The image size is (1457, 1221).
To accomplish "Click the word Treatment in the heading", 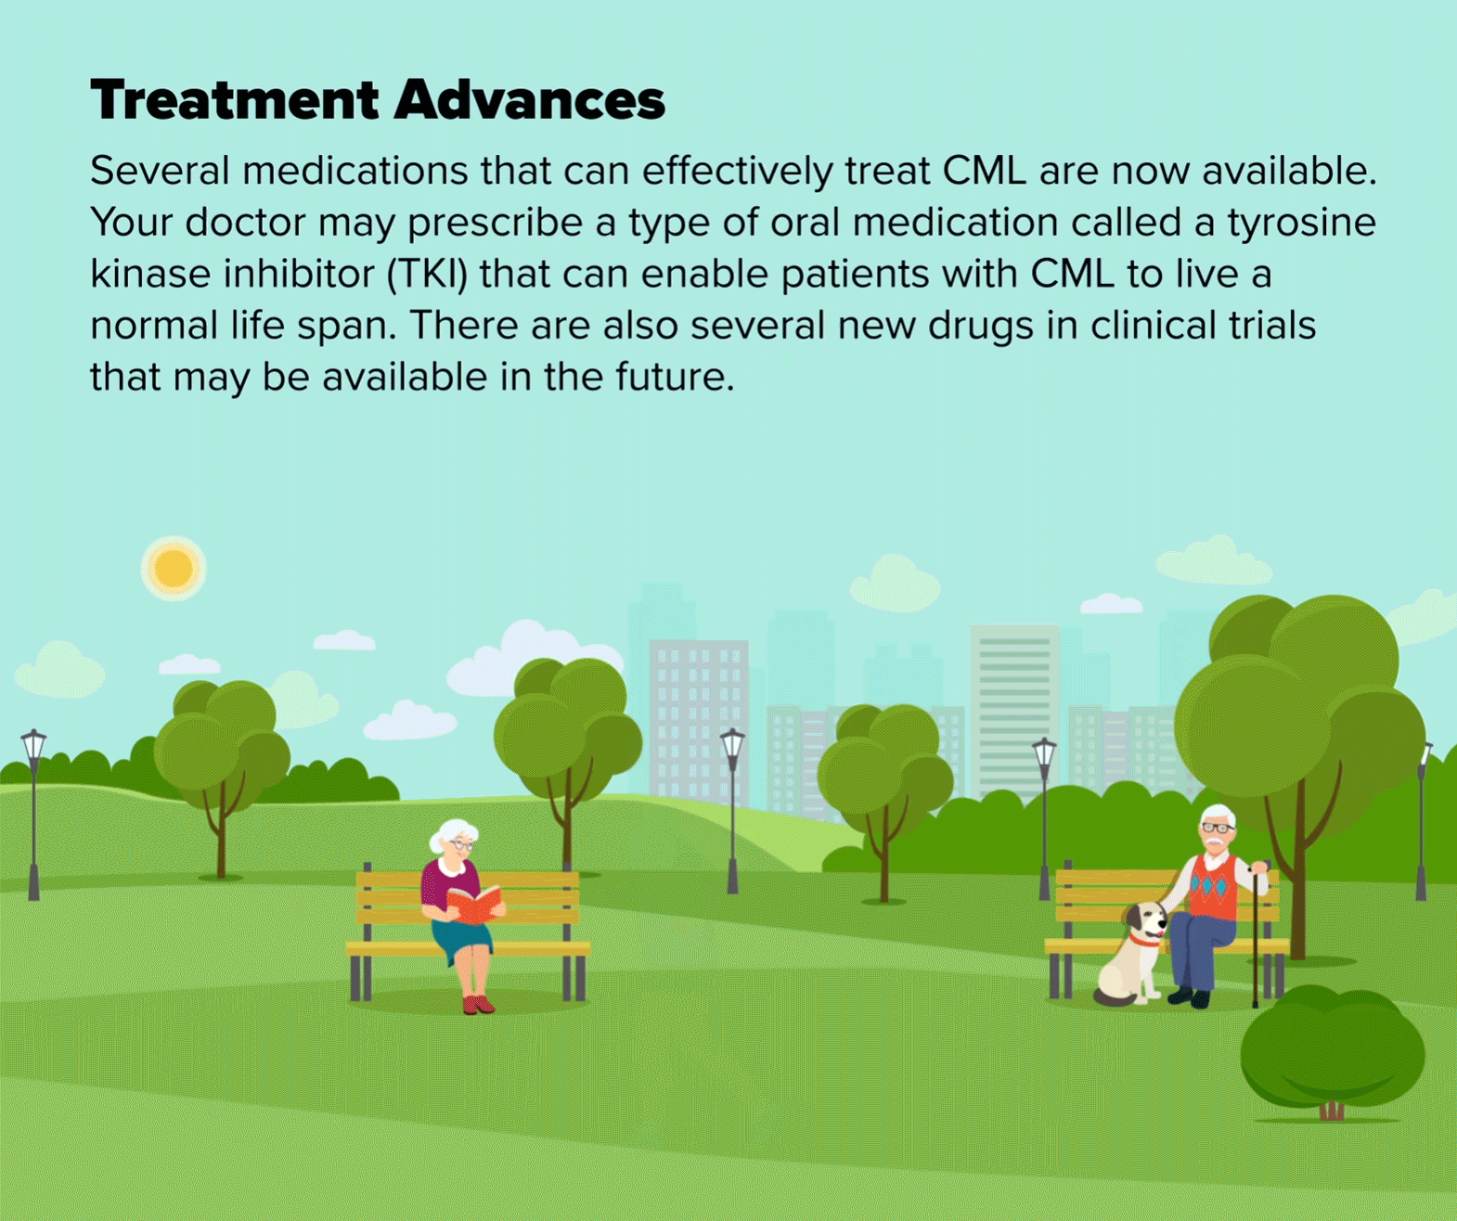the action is (x=235, y=100).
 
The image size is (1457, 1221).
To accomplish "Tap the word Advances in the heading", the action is (x=530, y=100).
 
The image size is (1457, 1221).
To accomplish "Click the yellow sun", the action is (x=173, y=568).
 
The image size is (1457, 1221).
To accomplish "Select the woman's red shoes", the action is (x=478, y=1003).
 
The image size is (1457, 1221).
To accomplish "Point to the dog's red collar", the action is (x=1144, y=941).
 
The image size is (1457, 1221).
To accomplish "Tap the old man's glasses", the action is (x=1218, y=828).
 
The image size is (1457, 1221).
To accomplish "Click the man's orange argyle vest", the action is (x=1213, y=886).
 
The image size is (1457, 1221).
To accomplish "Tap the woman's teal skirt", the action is (x=461, y=938).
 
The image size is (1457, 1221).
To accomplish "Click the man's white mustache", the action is (x=1217, y=842).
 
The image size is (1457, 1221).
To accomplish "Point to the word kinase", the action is (x=150, y=274).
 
